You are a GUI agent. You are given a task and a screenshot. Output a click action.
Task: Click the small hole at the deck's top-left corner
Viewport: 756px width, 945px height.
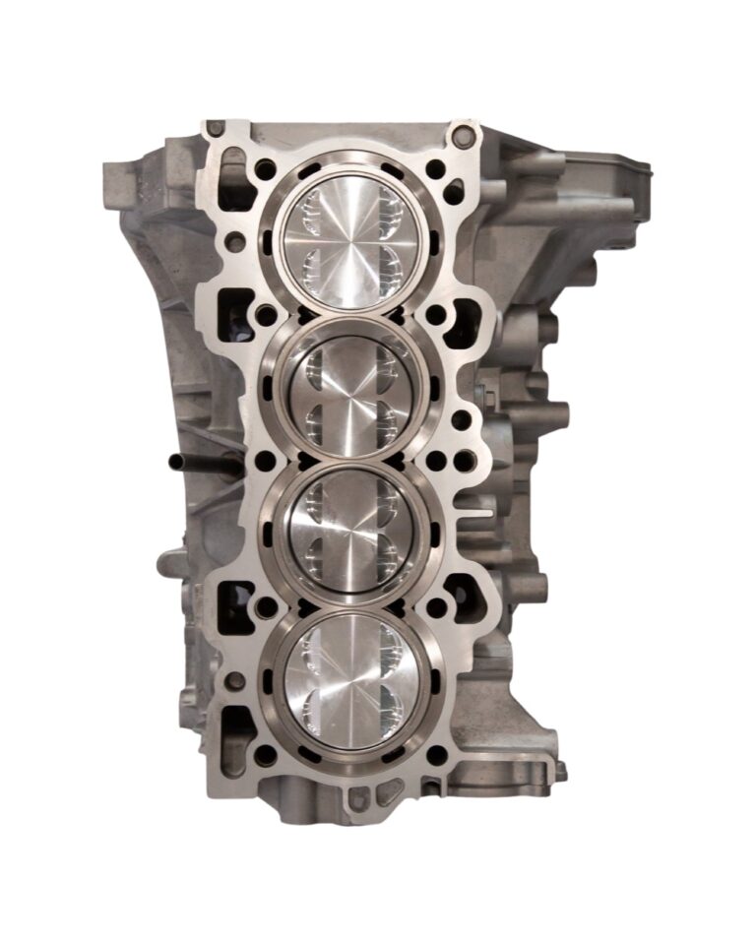(214, 128)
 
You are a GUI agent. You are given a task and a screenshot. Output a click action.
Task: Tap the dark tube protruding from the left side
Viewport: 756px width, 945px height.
(192, 461)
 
